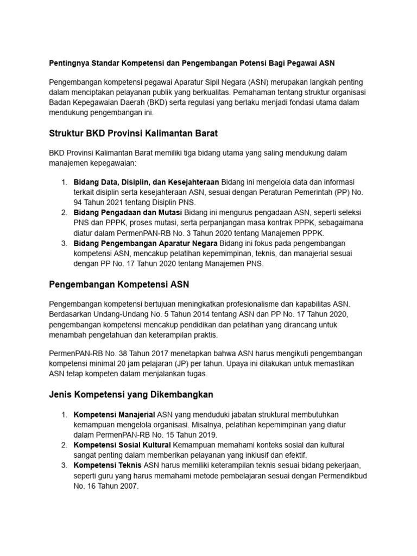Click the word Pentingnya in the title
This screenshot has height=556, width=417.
pos(69,62)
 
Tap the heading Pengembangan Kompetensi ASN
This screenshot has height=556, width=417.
pos(119,284)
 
